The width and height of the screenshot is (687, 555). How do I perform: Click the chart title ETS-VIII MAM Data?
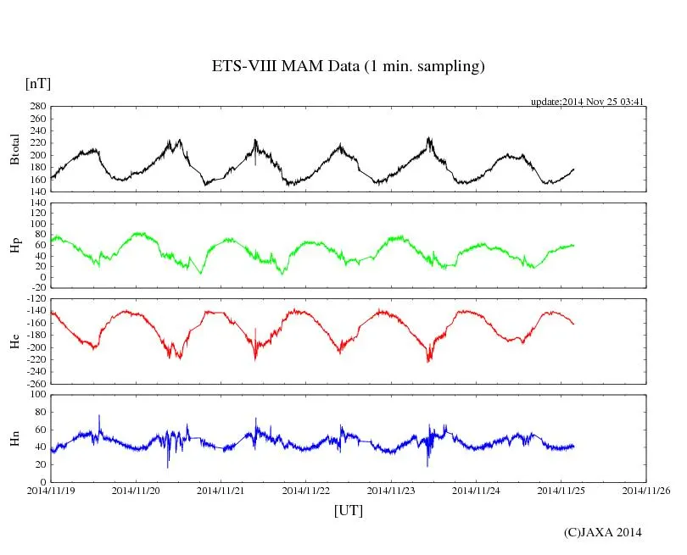pos(348,67)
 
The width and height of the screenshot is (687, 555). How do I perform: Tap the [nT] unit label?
pos(37,84)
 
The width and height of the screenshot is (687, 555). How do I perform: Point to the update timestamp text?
pos(588,102)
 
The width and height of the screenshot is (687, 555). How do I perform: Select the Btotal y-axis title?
pos(14,149)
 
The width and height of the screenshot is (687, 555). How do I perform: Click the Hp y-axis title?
pos(14,245)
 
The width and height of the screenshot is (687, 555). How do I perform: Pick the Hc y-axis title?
pos(14,340)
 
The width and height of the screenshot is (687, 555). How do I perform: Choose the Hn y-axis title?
pos(14,437)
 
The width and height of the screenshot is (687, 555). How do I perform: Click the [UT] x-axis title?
pos(348,510)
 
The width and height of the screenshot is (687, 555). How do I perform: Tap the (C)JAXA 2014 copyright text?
pos(602,532)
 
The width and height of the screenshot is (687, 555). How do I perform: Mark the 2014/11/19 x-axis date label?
pos(51,490)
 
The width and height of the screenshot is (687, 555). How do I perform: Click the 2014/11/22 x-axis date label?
pos(306,490)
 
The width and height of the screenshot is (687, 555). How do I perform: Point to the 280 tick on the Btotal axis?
pos(37,107)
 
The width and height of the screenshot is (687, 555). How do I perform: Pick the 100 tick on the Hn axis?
pos(37,394)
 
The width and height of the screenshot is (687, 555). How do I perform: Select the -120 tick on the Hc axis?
pos(35,298)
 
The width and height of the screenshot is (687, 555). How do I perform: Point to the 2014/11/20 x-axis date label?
pos(136,490)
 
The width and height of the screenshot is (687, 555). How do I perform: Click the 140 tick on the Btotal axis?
pos(37,191)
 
